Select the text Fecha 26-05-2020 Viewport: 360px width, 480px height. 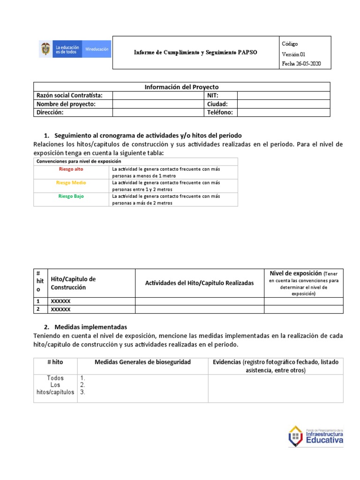(301, 64)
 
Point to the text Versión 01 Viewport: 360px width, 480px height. (293, 54)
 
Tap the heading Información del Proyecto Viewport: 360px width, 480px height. (181, 87)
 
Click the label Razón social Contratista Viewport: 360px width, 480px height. (69, 96)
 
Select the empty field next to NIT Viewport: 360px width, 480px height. (284, 96)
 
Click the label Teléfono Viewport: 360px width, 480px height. (220, 112)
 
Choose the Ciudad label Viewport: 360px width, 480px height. (217, 104)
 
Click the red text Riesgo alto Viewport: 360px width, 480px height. (71, 169)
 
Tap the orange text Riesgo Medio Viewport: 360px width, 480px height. (71, 182)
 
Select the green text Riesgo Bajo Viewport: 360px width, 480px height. (71, 196)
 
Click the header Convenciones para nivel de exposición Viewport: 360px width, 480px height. (78, 161)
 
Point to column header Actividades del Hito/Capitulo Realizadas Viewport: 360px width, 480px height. (199, 283)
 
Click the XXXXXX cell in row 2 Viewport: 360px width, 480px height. (60, 309)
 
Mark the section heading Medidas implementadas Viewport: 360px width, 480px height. (90, 327)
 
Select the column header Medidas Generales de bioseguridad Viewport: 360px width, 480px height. (142, 362)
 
